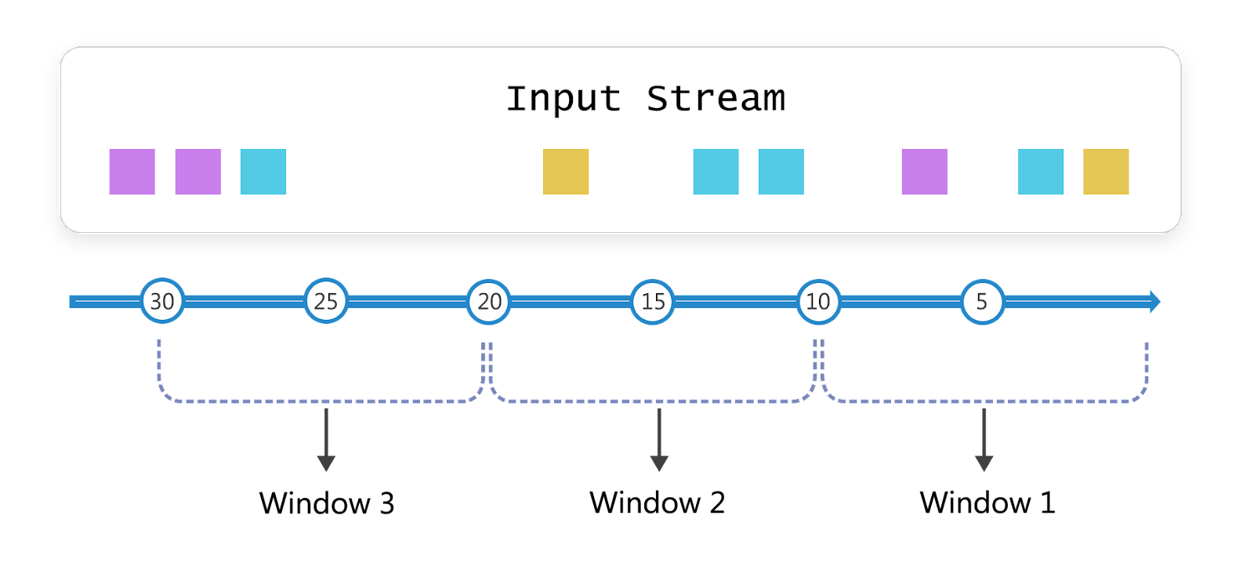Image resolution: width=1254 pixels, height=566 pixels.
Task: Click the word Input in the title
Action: [563, 100]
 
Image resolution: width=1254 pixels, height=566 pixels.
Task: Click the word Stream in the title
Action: [715, 99]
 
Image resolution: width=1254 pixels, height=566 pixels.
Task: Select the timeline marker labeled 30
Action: [162, 301]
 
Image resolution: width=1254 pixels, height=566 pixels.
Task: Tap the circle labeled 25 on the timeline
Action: [326, 301]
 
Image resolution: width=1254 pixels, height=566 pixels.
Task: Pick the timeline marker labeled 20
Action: [489, 301]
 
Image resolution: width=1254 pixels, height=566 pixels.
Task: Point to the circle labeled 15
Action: [653, 301]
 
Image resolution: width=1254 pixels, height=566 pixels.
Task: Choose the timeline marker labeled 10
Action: [818, 301]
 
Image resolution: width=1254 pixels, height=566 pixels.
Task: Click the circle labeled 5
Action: [982, 301]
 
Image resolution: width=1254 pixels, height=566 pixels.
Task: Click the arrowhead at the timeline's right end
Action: [1154, 301]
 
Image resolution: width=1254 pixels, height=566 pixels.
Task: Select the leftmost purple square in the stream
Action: [132, 172]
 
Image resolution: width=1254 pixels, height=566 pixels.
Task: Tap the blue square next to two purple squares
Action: [263, 172]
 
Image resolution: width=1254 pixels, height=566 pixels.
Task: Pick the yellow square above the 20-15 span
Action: [566, 172]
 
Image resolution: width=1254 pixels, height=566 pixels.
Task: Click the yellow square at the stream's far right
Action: [1106, 172]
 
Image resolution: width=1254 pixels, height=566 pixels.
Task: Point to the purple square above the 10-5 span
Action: [925, 172]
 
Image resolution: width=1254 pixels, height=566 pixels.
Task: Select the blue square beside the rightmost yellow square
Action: [1041, 172]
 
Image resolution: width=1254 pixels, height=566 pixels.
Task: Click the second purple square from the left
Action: [198, 172]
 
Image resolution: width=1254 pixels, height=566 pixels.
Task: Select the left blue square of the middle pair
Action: [716, 172]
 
